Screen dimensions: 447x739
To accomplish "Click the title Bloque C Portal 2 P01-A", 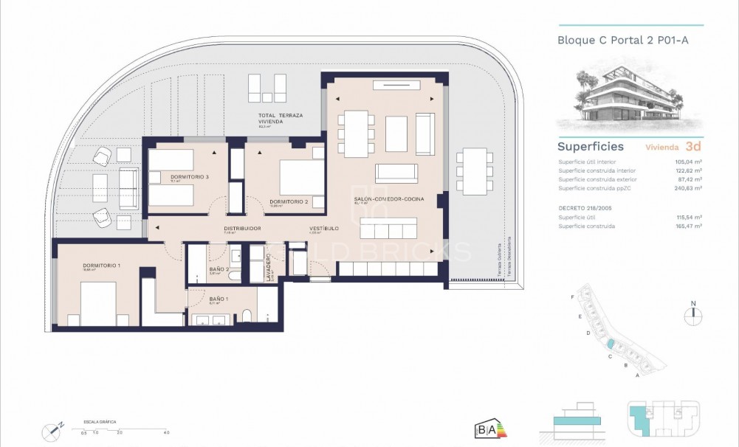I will [x=623, y=41].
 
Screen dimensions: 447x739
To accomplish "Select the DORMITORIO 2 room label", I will [x=287, y=201].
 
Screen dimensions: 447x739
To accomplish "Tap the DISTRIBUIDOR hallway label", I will [x=242, y=229].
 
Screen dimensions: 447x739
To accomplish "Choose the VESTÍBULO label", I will [x=323, y=229].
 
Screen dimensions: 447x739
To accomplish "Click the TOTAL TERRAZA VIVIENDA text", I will [x=280, y=119].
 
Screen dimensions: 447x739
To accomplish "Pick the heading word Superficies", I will [x=590, y=147].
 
